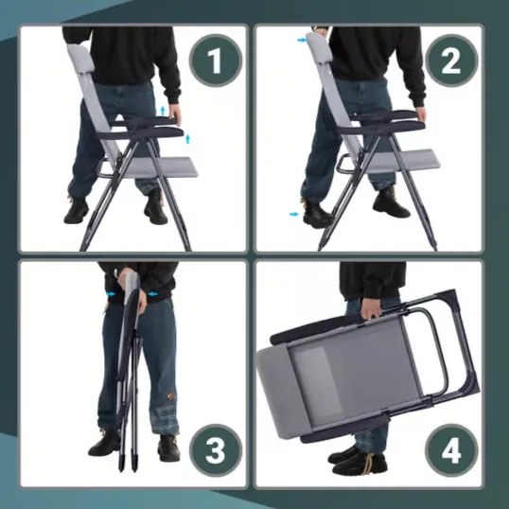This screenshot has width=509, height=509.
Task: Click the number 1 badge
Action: [216, 61]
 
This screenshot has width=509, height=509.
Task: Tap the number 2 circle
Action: [451, 61]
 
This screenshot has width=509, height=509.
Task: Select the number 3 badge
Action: [216, 450]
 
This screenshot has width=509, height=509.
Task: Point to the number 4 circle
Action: [451, 450]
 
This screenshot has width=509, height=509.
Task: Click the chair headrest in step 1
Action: [81, 57]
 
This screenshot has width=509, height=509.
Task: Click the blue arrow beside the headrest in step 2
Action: [302, 40]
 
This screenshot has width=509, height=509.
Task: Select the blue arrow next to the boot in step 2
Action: [294, 214]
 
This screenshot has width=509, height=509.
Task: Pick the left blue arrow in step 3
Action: [111, 294]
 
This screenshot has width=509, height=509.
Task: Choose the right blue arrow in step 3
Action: [152, 294]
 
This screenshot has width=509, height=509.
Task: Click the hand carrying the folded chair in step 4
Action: [371, 309]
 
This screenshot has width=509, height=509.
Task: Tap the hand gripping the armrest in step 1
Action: [175, 114]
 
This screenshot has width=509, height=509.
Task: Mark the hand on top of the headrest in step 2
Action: [321, 32]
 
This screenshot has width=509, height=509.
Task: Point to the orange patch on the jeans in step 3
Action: [171, 397]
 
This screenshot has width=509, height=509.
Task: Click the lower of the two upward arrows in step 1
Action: [187, 140]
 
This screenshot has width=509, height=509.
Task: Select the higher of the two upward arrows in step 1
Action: [163, 111]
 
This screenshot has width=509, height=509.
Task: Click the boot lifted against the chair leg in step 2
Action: [317, 213]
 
